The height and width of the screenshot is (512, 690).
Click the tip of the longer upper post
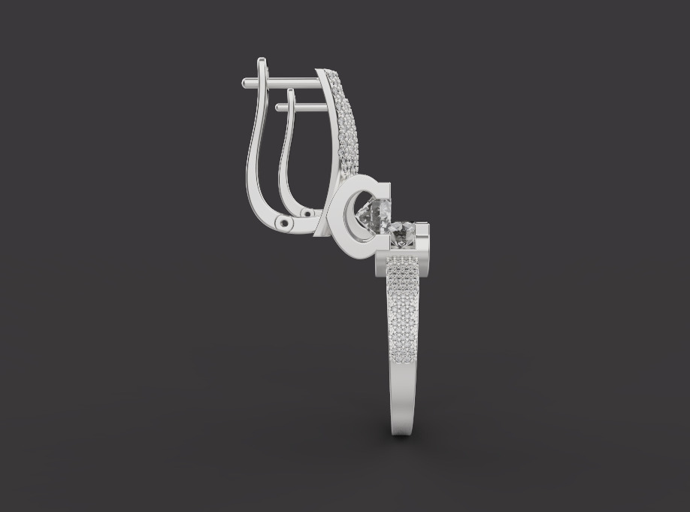[244, 83]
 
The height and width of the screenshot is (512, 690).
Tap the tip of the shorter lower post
[278, 108]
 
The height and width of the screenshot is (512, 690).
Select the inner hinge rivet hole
[307, 214]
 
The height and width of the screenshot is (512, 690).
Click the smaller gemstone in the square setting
[404, 234]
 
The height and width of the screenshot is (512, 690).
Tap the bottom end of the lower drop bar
[403, 432]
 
